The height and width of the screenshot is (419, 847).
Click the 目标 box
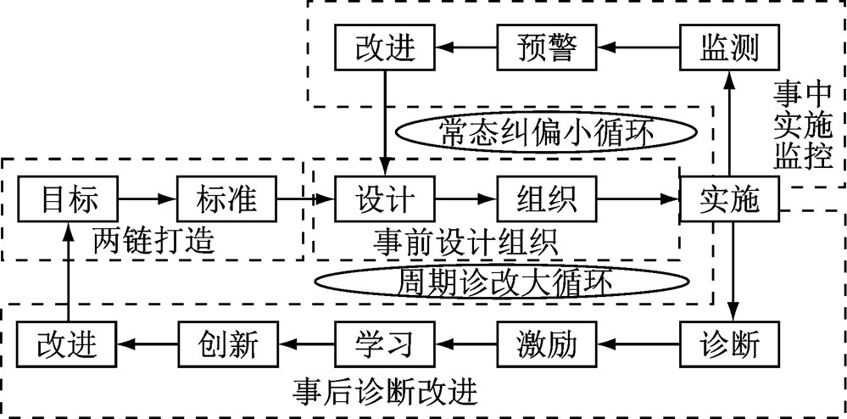coord(70,199)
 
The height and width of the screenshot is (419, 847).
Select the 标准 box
coord(227,199)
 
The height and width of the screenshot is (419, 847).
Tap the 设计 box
coord(386,199)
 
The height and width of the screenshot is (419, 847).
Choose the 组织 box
coord(546,199)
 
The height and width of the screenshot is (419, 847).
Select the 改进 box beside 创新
coord(68,344)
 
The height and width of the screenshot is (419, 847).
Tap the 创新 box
coord(227,344)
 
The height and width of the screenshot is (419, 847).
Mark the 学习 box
coord(386,344)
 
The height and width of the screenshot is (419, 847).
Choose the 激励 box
coord(546,344)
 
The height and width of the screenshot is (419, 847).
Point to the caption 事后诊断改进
coord(386,392)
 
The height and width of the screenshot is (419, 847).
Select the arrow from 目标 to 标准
coord(149,199)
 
